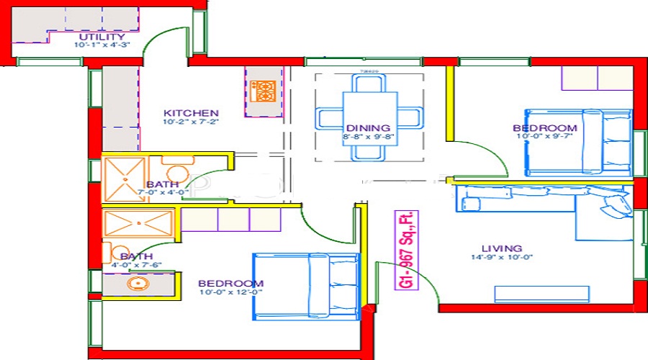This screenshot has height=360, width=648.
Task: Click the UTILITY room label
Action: click(102, 36)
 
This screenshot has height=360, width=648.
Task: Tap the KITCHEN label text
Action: click(191, 113)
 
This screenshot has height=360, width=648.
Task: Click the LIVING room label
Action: click(503, 248)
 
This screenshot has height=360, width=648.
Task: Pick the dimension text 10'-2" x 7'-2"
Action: click(191, 122)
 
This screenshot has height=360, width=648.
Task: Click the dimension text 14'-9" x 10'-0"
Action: click(503, 258)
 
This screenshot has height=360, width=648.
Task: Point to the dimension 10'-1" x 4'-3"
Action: click(102, 45)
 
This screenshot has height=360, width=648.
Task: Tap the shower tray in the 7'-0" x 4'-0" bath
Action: click(125, 177)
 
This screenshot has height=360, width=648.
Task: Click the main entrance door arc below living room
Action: click(418, 284)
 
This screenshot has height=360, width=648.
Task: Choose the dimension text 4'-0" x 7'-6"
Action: click(136, 265)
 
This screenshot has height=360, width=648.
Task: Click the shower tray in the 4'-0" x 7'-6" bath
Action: click(139, 223)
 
